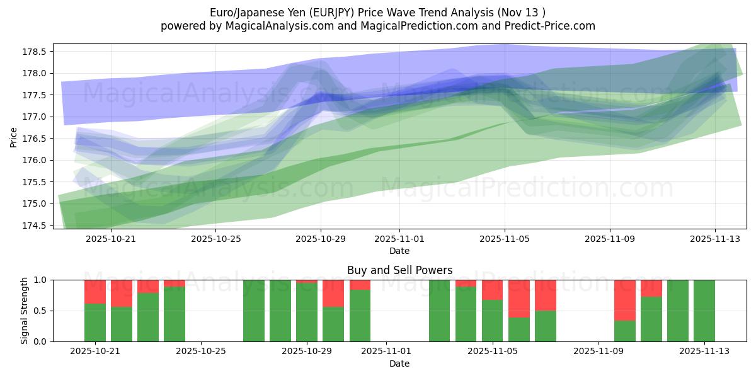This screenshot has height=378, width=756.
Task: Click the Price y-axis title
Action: tap(14, 136)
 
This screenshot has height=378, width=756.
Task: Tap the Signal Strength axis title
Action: tap(24, 310)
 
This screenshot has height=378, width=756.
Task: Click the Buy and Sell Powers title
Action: tap(399, 270)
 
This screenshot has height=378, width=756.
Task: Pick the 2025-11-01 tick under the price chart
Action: tap(399, 239)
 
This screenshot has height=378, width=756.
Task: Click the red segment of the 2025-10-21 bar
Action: tap(95, 292)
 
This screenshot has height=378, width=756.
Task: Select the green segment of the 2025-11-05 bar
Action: tap(493, 321)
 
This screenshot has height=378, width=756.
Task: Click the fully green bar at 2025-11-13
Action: tap(704, 311)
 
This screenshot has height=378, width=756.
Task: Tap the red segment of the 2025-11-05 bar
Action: tap(493, 290)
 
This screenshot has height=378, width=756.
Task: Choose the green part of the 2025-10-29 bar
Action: tap(307, 312)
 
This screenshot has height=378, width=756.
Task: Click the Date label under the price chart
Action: tap(399, 251)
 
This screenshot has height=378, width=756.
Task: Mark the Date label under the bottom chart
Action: tap(399, 364)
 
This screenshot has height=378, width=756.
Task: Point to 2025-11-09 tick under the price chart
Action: tap(609, 239)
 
